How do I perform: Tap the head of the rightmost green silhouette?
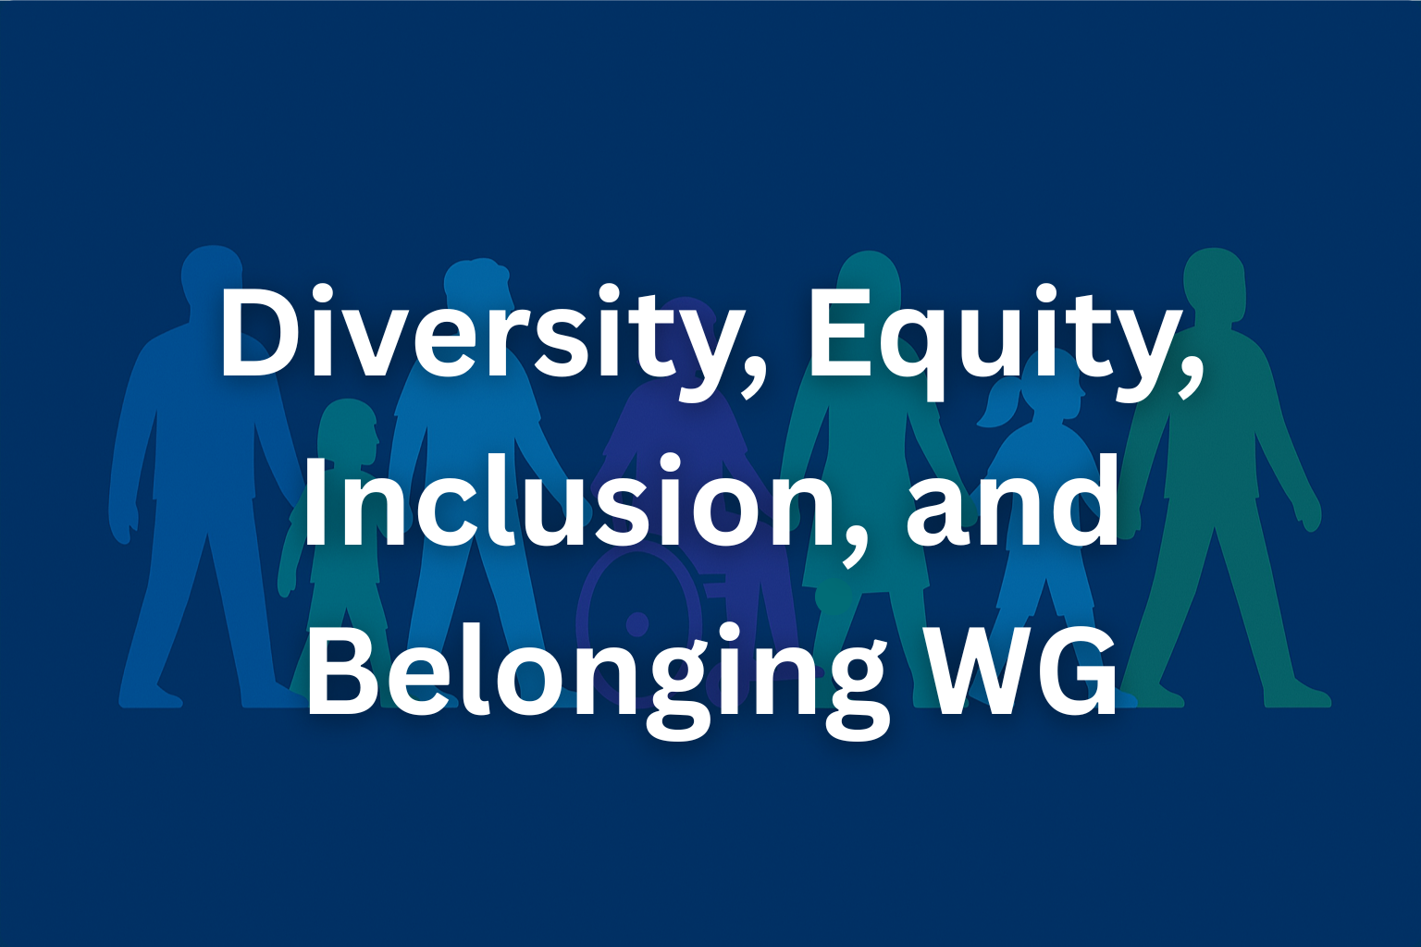[x=1213, y=280]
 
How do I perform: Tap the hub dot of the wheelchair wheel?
[x=636, y=623]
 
